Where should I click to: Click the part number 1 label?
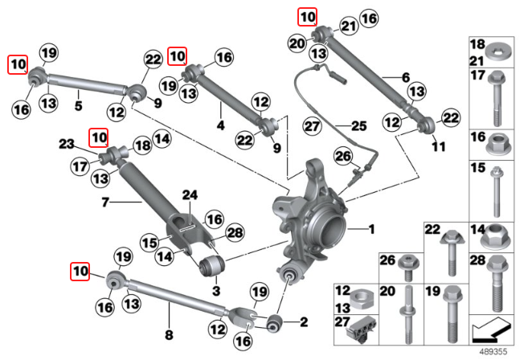tap(371, 231)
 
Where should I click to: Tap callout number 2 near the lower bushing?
tap(303, 323)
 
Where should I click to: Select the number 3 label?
tap(215, 289)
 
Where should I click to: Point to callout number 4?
tap(220, 125)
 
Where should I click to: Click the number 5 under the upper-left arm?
tap(78, 104)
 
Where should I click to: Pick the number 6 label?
tap(406, 78)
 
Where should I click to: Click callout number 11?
tap(438, 148)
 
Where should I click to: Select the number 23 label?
tap(66, 144)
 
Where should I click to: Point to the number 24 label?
tap(190, 194)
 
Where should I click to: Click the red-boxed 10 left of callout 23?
tap(98, 137)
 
